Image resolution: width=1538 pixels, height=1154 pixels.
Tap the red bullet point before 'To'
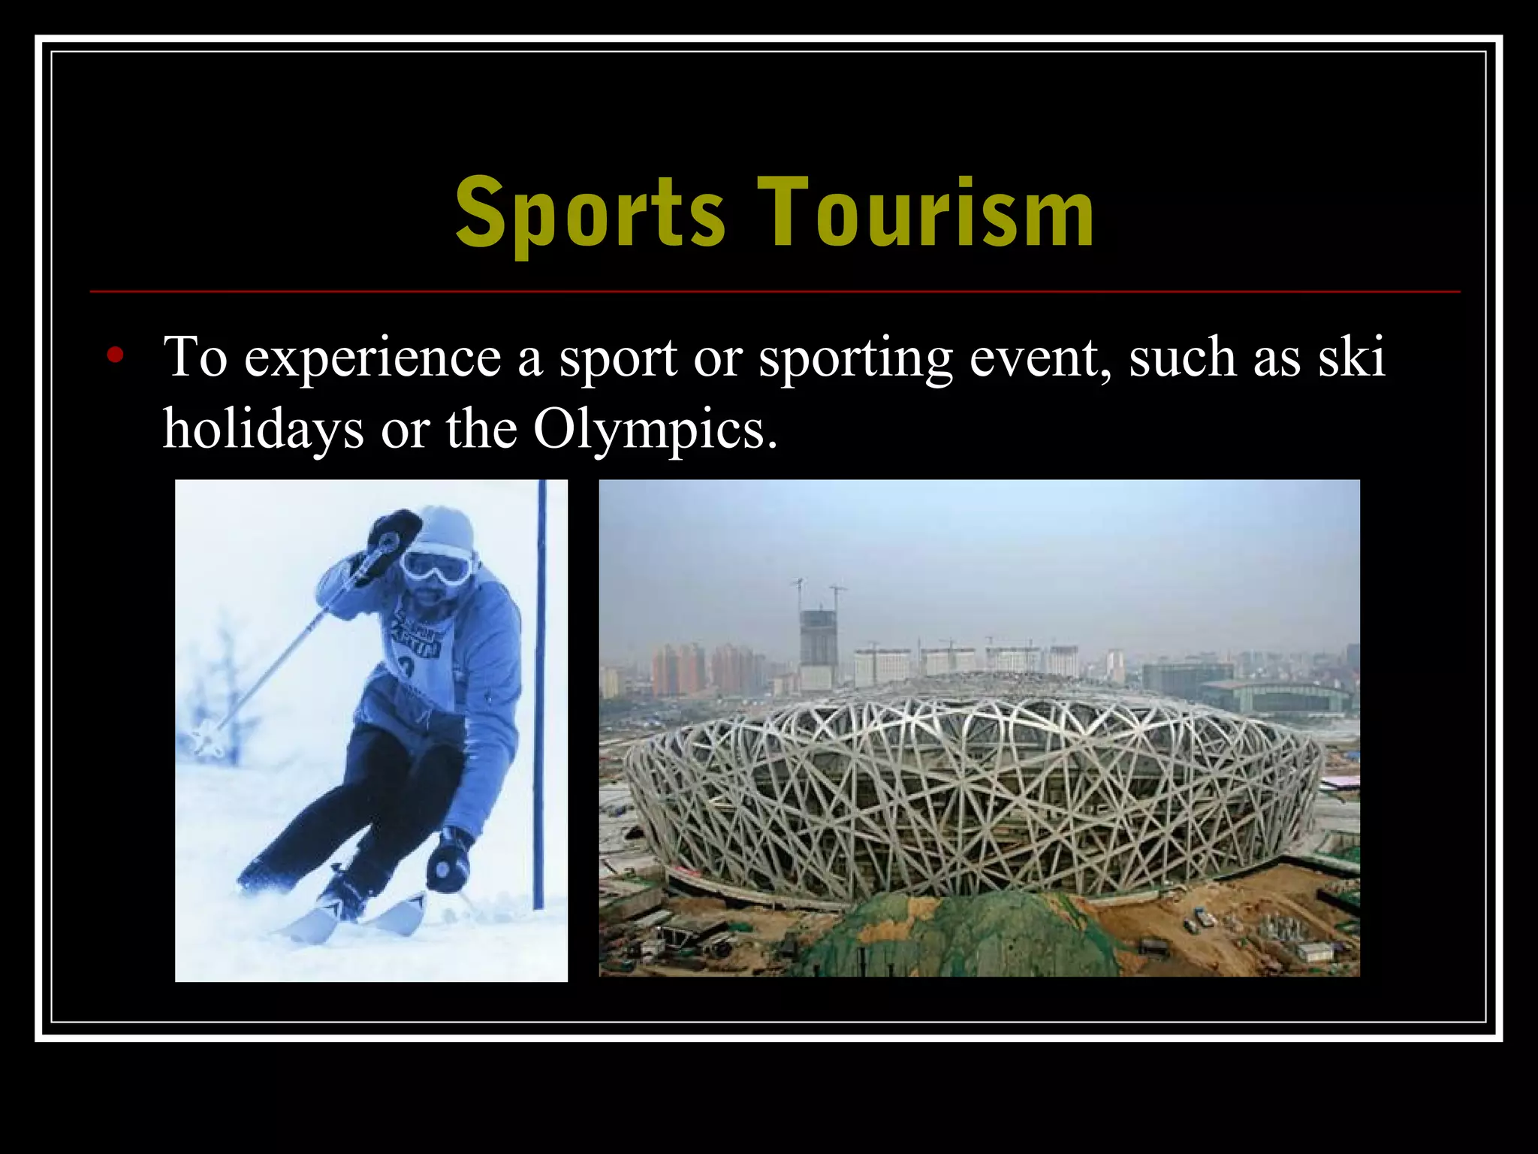coord(114,355)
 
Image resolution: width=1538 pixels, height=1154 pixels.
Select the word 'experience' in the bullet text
coord(372,358)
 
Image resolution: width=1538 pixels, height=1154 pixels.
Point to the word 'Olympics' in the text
coord(654,430)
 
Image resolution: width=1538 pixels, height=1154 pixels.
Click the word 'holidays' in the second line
coord(263,430)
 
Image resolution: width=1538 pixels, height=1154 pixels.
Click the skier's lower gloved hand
coord(448,865)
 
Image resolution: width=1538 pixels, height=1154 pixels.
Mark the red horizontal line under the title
coord(774,291)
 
